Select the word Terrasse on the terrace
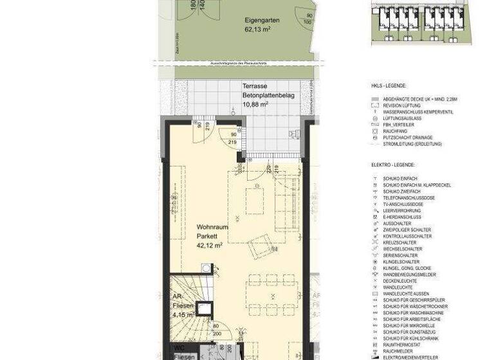click(x=255, y=85)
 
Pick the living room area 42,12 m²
click(x=210, y=245)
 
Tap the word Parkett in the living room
click(x=207, y=236)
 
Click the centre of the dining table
click(x=273, y=295)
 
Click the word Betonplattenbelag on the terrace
click(x=268, y=94)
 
